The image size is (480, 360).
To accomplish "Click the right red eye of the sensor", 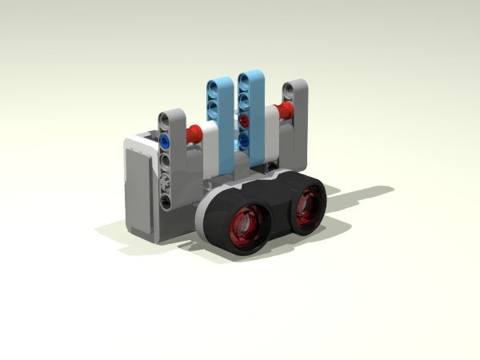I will tap(305, 205).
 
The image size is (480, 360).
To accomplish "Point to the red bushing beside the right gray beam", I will tap(281, 110).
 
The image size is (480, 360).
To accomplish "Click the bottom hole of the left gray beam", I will tap(166, 202).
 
